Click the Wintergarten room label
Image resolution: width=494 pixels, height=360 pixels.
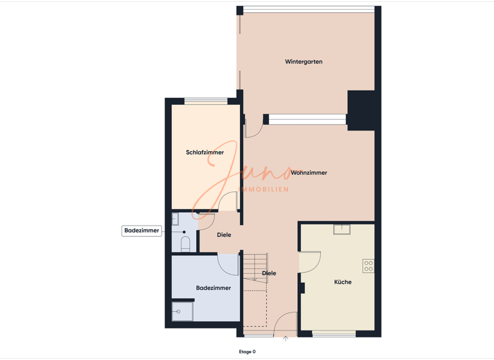pos(304,62)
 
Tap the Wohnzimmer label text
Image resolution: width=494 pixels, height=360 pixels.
pos(309,173)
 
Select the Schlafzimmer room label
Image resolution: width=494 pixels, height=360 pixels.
pos(205,152)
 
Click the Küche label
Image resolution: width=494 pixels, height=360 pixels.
pos(343,282)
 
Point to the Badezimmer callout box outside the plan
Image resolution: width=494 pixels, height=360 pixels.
pos(142,231)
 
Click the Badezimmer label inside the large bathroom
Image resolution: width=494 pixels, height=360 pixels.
pos(213,288)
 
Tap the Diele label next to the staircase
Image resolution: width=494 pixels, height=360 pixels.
pos(269,273)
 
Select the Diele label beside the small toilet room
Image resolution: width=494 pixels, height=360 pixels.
pos(224,235)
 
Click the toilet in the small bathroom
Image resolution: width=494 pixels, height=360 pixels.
pos(185,244)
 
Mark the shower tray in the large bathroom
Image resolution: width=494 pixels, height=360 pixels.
pos(182,312)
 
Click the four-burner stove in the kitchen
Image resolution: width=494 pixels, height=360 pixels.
pos(368,266)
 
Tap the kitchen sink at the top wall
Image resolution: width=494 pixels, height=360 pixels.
pos(342,229)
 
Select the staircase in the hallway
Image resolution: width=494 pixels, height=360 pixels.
pos(255,266)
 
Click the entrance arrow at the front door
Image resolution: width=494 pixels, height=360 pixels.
pos(286,339)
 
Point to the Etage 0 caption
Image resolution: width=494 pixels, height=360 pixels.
pos(247,352)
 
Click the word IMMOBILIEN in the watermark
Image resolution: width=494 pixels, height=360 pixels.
pos(264,190)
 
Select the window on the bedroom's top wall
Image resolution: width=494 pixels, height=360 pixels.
pos(206,101)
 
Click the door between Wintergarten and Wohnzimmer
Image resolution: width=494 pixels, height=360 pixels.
pos(252,127)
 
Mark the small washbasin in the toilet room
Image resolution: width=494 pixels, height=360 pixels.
pos(175,220)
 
